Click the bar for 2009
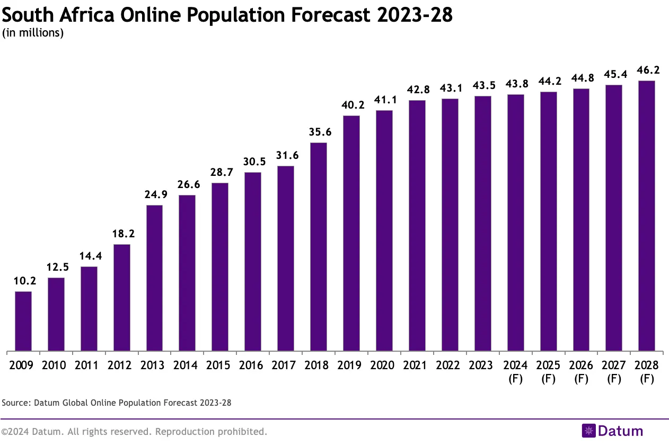coord(23,321)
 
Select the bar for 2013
coord(154,278)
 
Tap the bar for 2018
coord(318,246)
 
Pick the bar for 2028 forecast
coord(646,216)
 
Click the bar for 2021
coord(417,225)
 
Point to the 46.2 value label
coord(646,70)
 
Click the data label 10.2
coord(23,281)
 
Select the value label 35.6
coord(318,132)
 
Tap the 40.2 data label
coord(351,105)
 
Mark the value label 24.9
coord(154,194)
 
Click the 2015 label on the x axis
coord(220,365)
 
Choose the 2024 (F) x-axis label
coord(515,372)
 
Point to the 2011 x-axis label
coord(89,365)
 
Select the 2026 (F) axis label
coord(581,372)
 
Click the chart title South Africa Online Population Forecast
coord(227,15)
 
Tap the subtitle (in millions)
coord(33,33)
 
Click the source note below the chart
coord(117,403)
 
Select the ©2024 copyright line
coord(134,432)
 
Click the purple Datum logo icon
coord(589,431)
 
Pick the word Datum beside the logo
coord(620,431)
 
